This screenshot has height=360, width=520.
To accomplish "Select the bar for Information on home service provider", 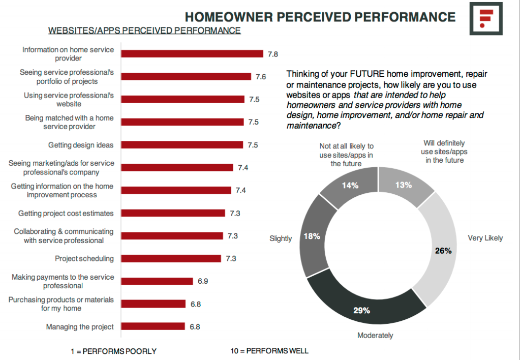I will coord(192,54).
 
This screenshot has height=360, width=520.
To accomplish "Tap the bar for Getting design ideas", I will coord(182,145).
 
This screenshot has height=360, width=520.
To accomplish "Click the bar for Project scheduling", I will coord(171,259).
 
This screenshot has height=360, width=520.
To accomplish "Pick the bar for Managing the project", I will coord(153,326).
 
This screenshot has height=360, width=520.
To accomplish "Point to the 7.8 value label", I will coord(273,54).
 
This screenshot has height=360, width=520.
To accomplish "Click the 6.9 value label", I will coord(203,281).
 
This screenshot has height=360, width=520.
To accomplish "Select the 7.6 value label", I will coord(261,77).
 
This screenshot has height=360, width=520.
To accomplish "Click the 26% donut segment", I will coord(442,251).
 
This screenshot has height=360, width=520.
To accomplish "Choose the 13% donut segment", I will coord(404,186).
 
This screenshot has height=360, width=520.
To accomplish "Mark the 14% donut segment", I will coord(350,186).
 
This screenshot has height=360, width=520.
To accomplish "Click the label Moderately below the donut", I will coord(375,336).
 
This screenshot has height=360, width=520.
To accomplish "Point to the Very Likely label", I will coord(485,238).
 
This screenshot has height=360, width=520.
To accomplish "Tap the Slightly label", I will coord(281,238).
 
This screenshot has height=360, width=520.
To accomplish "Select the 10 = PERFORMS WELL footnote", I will coord(269,351).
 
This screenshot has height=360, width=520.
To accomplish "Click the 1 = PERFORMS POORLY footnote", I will coord(113,351).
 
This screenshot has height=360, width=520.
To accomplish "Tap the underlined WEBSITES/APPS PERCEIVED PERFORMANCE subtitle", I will coord(144,31).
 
